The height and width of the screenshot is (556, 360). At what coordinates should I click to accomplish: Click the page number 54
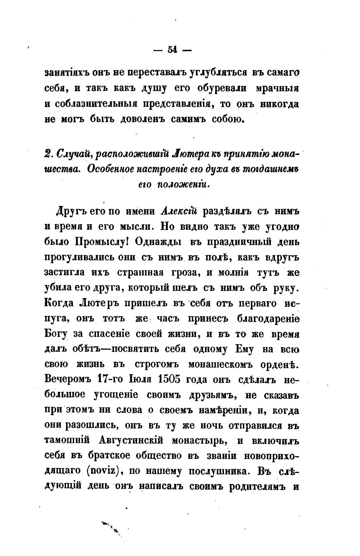point(172,50)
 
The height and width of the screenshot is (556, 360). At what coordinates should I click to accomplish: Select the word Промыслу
point(102,242)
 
